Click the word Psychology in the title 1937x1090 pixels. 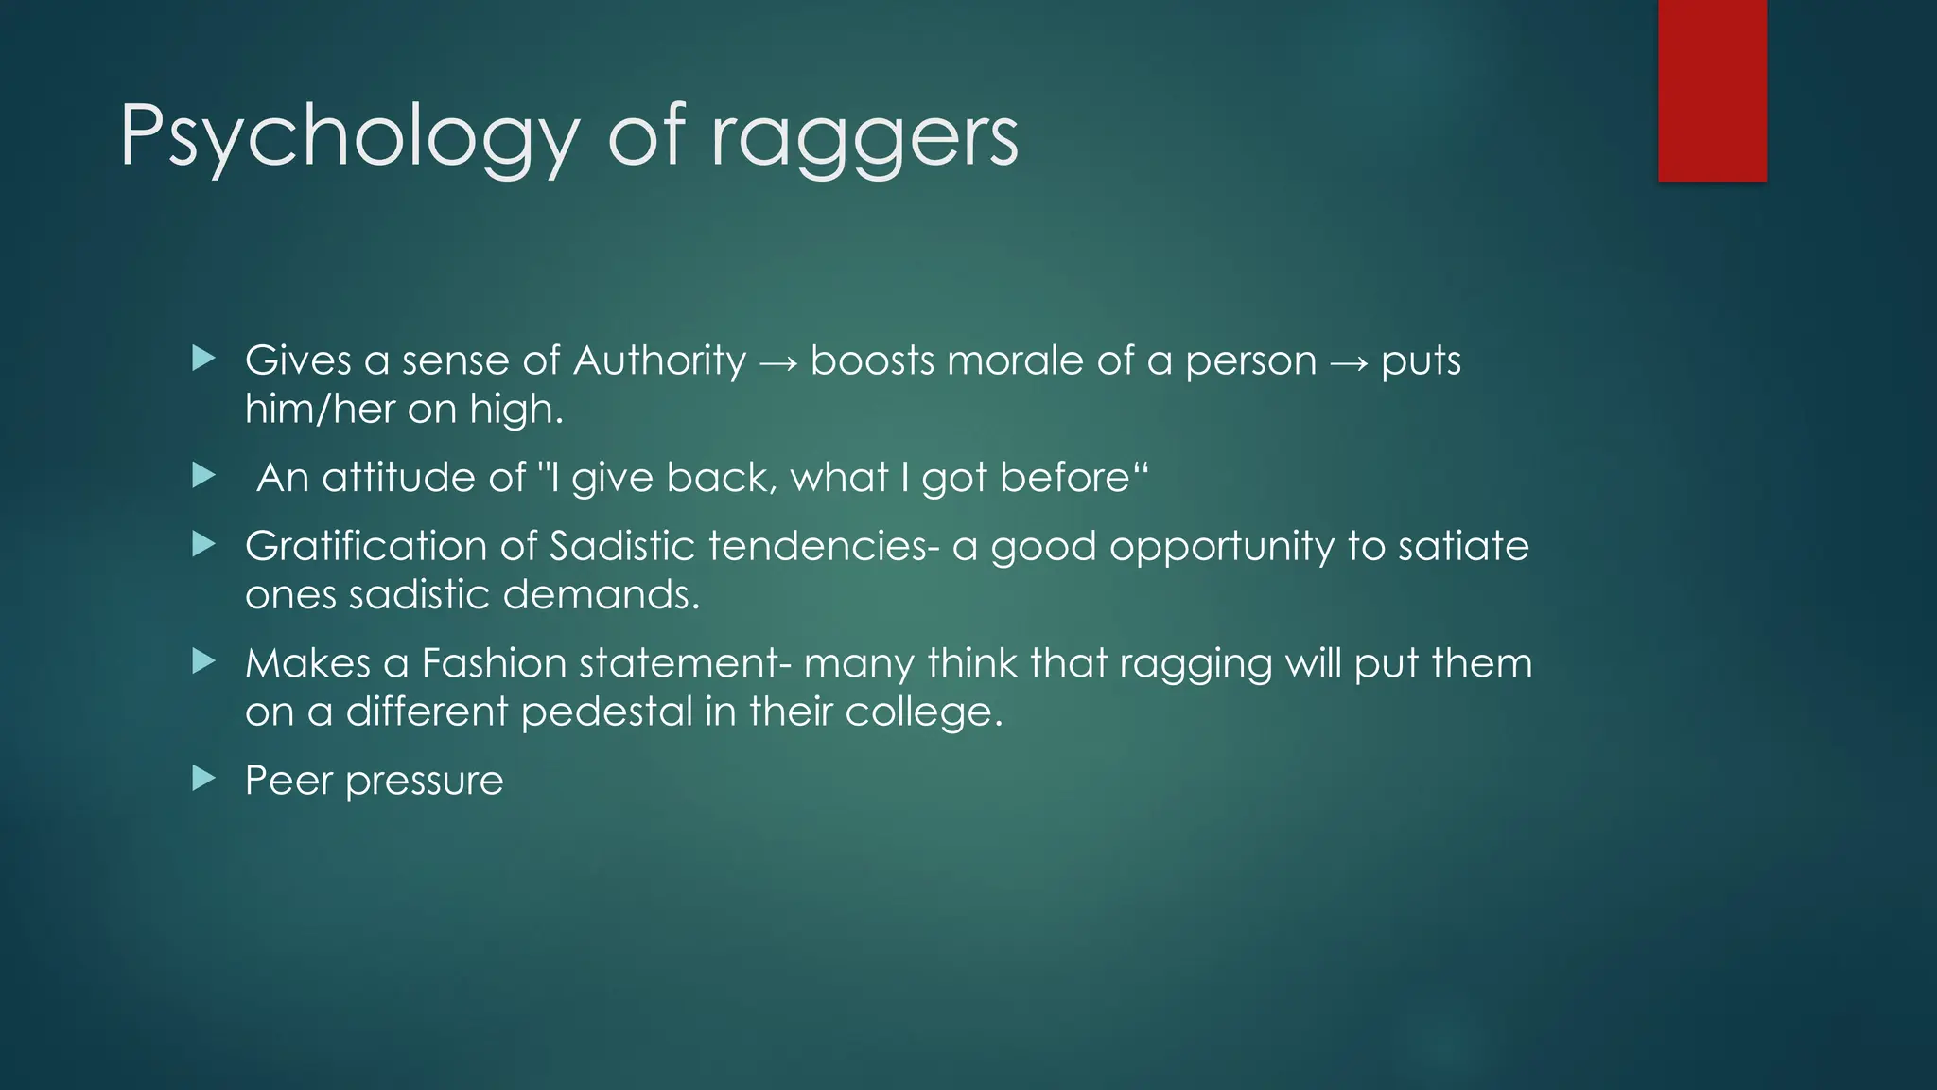click(x=348, y=138)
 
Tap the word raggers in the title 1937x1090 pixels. click(x=864, y=138)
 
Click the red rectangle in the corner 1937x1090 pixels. click(x=1712, y=90)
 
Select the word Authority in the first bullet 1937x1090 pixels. click(x=659, y=360)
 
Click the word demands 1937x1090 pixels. click(x=601, y=595)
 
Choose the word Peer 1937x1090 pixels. click(x=288, y=781)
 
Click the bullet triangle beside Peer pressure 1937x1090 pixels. click(x=203, y=779)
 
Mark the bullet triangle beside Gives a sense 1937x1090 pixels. click(x=203, y=358)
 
